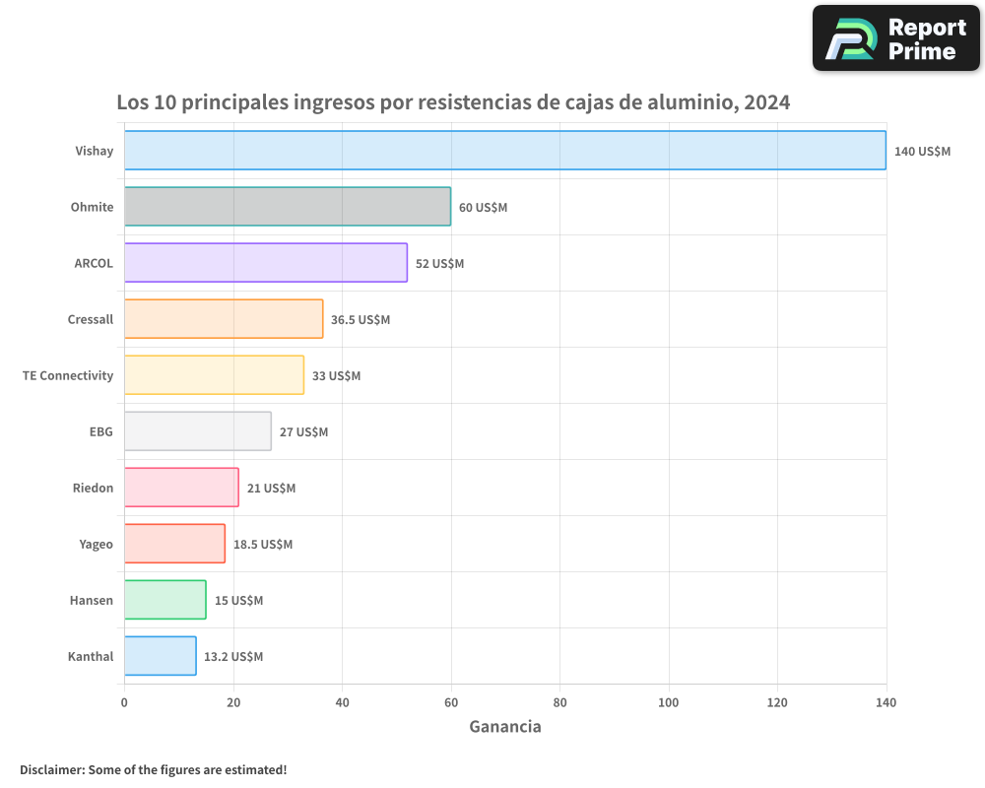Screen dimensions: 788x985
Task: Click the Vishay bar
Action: [504, 151]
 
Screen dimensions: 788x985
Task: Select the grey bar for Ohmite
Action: [288, 207]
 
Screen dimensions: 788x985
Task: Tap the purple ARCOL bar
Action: [266, 263]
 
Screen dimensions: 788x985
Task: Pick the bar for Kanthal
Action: [161, 656]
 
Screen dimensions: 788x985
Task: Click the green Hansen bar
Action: [165, 600]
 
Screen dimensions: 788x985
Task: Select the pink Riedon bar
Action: [181, 488]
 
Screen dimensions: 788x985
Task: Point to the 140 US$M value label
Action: [922, 151]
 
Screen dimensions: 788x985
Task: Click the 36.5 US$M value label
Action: [361, 319]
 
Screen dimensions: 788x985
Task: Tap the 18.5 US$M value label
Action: [263, 544]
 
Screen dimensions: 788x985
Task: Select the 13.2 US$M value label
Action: [233, 656]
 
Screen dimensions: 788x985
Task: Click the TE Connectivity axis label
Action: [68, 375]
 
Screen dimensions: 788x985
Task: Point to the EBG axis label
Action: [100, 431]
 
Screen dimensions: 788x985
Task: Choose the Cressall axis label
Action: [91, 319]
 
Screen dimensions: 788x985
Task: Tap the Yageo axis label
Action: [96, 544]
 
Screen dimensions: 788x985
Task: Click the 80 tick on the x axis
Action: [559, 702]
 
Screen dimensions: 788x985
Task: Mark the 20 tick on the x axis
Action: [233, 702]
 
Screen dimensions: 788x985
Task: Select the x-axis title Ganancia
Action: [504, 727]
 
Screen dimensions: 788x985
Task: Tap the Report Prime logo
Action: [895, 38]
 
